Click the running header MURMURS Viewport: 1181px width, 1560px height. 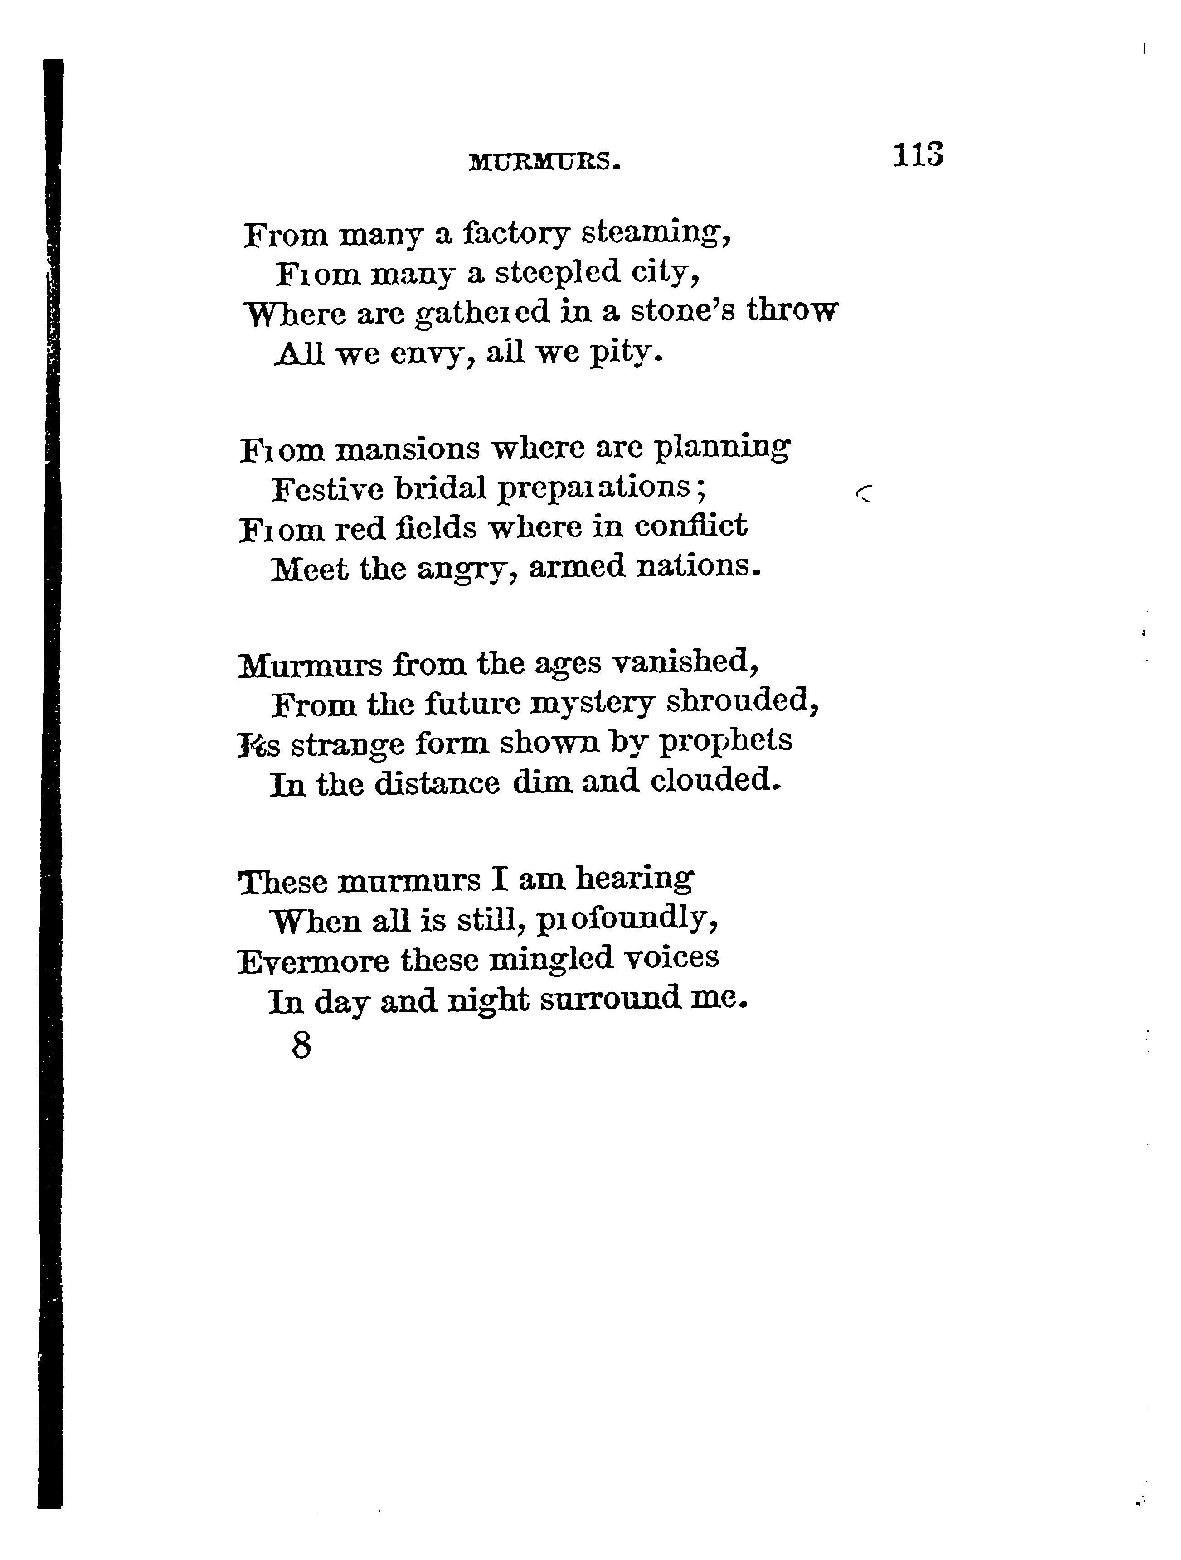(544, 163)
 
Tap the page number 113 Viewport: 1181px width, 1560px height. (917, 155)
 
